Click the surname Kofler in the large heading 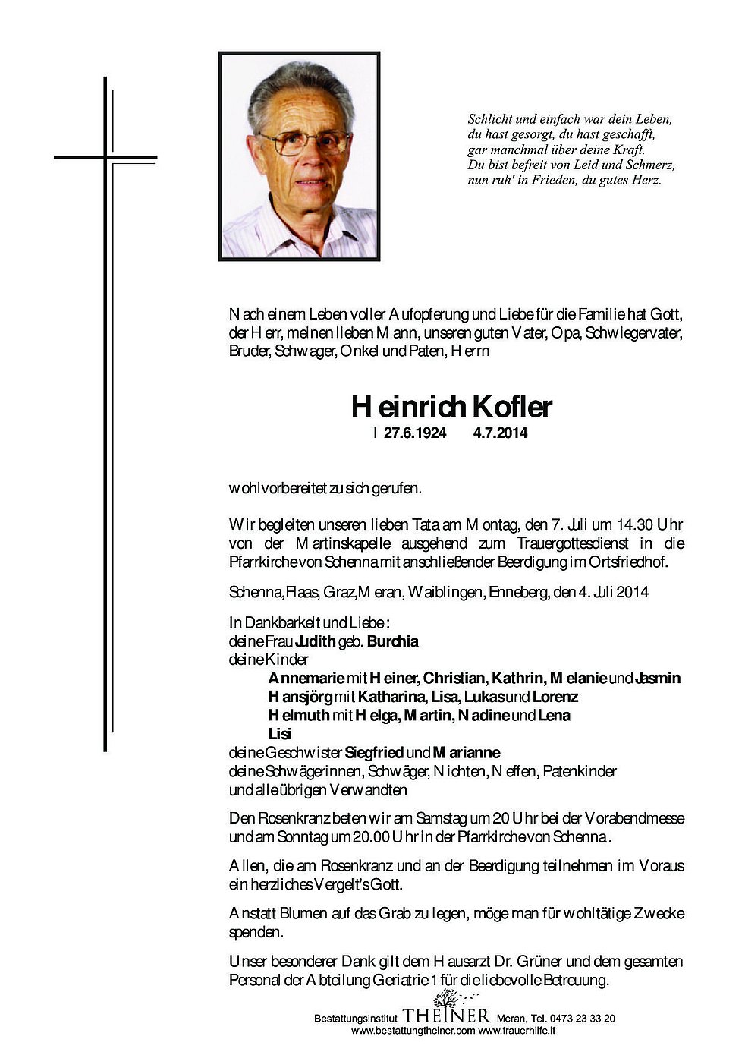click(513, 408)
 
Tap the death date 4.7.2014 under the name click(500, 434)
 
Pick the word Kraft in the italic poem click(628, 150)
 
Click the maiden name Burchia click(392, 641)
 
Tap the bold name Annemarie click(306, 679)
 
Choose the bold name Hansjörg click(300, 697)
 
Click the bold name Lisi click(280, 734)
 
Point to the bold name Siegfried click(374, 753)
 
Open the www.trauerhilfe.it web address click(517, 1031)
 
